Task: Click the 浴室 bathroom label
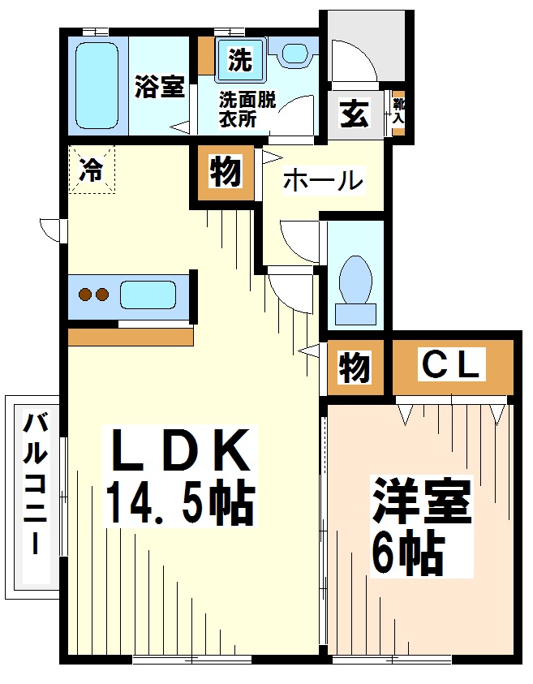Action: (x=160, y=88)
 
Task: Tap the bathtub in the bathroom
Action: (x=97, y=85)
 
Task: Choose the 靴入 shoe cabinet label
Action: (x=398, y=111)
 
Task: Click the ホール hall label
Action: (x=322, y=180)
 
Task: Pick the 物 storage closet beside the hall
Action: (x=225, y=172)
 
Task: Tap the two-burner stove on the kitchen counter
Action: (x=92, y=294)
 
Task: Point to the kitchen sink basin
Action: (x=148, y=294)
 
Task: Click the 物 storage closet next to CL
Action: (x=354, y=368)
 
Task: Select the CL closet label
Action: (x=451, y=364)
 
